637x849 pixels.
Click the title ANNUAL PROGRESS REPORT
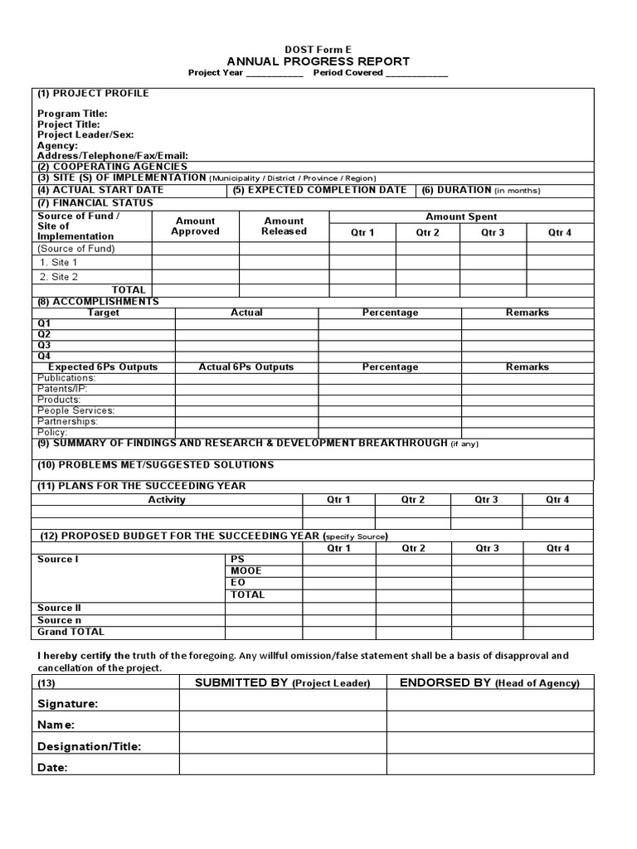[318, 61]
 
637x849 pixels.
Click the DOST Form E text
[318, 50]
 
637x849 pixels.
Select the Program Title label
[72, 114]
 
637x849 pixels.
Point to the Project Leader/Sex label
[85, 134]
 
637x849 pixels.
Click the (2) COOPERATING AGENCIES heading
[112, 167]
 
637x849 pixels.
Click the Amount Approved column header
[195, 226]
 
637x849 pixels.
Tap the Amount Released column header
[284, 226]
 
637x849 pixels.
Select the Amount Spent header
[461, 216]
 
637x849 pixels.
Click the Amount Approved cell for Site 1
[195, 262]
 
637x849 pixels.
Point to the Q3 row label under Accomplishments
[44, 345]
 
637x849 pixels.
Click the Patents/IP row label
[62, 389]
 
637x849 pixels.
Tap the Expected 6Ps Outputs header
[103, 366]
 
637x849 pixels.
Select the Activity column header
[167, 500]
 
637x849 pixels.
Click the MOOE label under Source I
[246, 571]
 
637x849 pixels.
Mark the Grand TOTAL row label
[71, 632]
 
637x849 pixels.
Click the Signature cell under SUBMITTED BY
[283, 703]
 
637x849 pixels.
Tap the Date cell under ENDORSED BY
[489, 767]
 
